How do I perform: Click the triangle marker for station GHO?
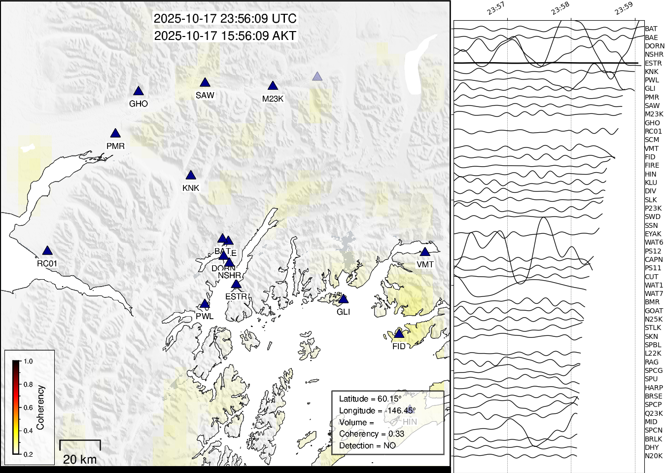[x=139, y=91]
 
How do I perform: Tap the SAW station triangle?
[x=205, y=83]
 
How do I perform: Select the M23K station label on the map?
[x=273, y=99]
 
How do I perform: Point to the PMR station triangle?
[x=115, y=134]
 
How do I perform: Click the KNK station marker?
[x=191, y=176]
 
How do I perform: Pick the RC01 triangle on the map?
[x=47, y=251]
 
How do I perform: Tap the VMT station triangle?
[x=425, y=252]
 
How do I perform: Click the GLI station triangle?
[x=344, y=299]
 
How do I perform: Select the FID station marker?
[x=399, y=334]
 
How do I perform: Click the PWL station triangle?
[x=205, y=304]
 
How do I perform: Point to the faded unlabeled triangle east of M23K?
[x=317, y=76]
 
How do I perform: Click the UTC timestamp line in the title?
[x=225, y=19]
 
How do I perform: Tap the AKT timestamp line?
[x=225, y=36]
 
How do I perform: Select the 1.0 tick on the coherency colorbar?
[x=28, y=362]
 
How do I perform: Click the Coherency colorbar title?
[x=40, y=407]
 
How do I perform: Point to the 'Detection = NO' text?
[x=367, y=446]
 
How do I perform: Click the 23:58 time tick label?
[x=560, y=8]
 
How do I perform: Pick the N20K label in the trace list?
[x=654, y=456]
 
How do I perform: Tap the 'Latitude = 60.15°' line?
[x=370, y=399]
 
